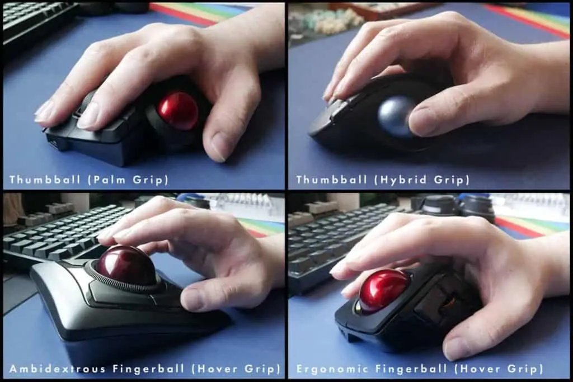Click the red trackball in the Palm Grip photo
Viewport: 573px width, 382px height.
pos(178,111)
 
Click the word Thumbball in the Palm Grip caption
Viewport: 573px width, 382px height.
pos(45,180)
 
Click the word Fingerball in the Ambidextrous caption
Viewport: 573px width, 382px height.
pos(148,369)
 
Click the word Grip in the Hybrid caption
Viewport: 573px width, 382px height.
pos(452,180)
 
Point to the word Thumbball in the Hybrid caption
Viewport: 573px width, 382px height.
pos(331,180)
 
